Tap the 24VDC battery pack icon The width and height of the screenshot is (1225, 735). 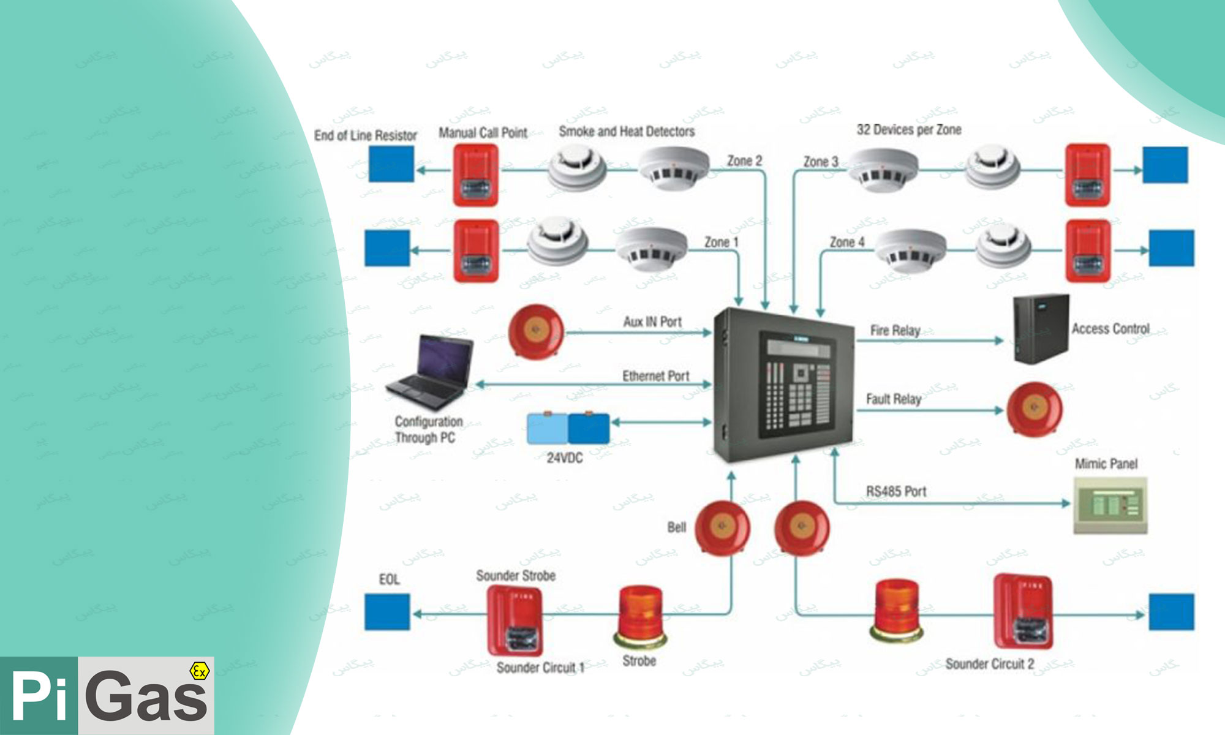point(568,428)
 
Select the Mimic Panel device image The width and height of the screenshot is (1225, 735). point(1110,505)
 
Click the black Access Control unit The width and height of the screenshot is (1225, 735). point(1040,329)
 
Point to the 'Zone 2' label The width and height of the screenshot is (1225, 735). point(744,160)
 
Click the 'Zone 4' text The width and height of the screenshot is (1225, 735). point(847,243)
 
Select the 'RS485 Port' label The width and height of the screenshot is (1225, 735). point(896,491)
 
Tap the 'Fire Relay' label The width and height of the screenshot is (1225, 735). point(895,331)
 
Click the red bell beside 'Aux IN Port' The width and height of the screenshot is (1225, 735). point(535,331)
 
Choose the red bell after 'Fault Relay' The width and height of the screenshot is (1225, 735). point(1035,409)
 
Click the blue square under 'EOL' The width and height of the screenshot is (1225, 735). point(387,612)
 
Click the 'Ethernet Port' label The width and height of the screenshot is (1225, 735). point(655,376)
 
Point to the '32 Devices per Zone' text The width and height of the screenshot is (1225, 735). point(909,130)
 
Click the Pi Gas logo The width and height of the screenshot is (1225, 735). point(107,696)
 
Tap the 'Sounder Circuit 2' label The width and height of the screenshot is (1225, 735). point(989,664)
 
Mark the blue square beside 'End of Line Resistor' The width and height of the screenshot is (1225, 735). point(391,164)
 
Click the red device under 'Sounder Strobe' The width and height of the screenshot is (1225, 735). point(514,620)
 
